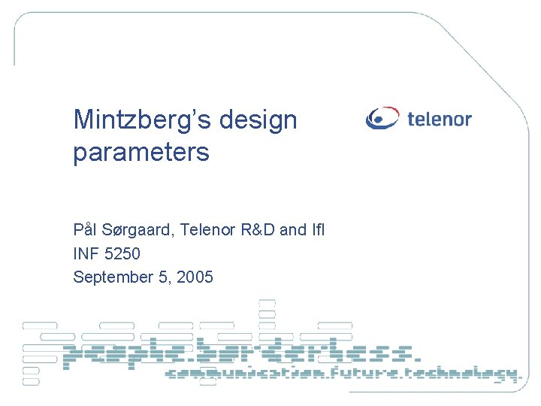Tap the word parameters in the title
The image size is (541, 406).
click(141, 153)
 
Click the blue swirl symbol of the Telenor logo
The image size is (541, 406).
click(383, 119)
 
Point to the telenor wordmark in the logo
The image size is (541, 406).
click(440, 119)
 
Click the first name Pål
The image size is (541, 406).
click(85, 229)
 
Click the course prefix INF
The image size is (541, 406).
click(85, 253)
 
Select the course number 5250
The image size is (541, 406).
click(120, 253)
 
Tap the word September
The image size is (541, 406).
click(112, 277)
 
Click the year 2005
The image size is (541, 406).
click(195, 277)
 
